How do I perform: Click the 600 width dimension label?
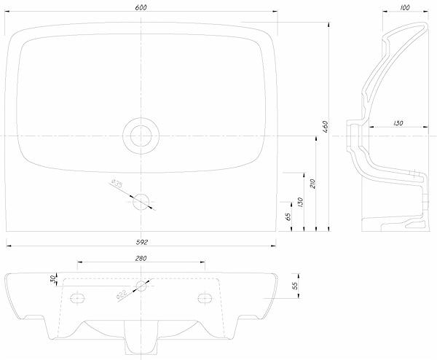[141, 7]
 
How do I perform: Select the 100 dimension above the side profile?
[405, 7]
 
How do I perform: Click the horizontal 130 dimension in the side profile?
[398, 123]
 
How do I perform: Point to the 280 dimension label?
[141, 258]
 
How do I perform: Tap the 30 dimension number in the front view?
[53, 279]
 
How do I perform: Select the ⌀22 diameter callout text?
[122, 294]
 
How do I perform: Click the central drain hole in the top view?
[141, 136]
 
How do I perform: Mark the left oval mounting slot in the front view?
[76, 297]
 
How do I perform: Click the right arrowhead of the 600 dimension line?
[275, 12]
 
